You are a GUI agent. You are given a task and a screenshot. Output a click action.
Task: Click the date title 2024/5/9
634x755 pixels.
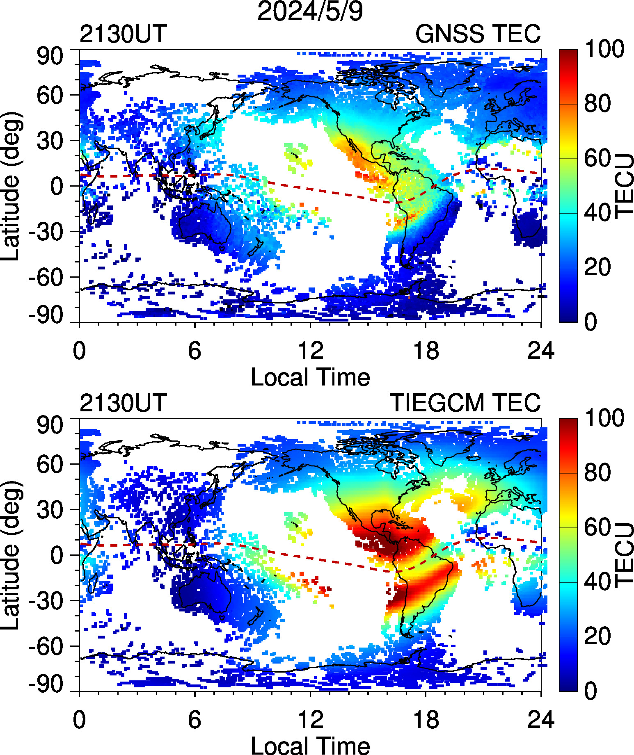pyautogui.click(x=310, y=11)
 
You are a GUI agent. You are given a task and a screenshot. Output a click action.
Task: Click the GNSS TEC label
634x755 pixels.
pyautogui.click(x=478, y=34)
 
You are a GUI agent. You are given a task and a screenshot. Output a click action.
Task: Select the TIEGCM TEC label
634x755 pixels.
pyautogui.click(x=465, y=403)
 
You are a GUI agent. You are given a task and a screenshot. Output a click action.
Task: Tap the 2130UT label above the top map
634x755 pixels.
pyautogui.click(x=123, y=34)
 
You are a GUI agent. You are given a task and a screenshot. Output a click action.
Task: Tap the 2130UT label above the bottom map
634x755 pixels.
pyautogui.click(x=123, y=403)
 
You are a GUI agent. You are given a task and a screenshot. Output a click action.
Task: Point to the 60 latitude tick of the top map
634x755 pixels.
pyautogui.click(x=50, y=96)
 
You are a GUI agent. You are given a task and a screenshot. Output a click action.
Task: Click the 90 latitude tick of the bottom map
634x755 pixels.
pyautogui.click(x=50, y=425)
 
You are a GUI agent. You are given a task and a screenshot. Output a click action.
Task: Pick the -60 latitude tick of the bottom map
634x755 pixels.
pyautogui.click(x=46, y=647)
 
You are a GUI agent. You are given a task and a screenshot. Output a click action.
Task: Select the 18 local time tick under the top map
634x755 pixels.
pyautogui.click(x=426, y=351)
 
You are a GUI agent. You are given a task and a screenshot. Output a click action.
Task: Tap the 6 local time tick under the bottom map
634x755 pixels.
pyautogui.click(x=195, y=720)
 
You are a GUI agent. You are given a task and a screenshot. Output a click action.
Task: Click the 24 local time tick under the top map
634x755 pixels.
pyautogui.click(x=541, y=351)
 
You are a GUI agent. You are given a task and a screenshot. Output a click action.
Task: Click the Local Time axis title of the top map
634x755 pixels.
pyautogui.click(x=310, y=377)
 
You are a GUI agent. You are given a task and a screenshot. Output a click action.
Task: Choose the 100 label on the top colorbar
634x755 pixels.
pyautogui.click(x=604, y=49)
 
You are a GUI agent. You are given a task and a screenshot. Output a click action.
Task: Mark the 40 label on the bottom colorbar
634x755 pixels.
pyautogui.click(x=597, y=582)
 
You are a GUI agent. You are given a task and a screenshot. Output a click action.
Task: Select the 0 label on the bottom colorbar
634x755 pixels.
pyautogui.click(x=591, y=691)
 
